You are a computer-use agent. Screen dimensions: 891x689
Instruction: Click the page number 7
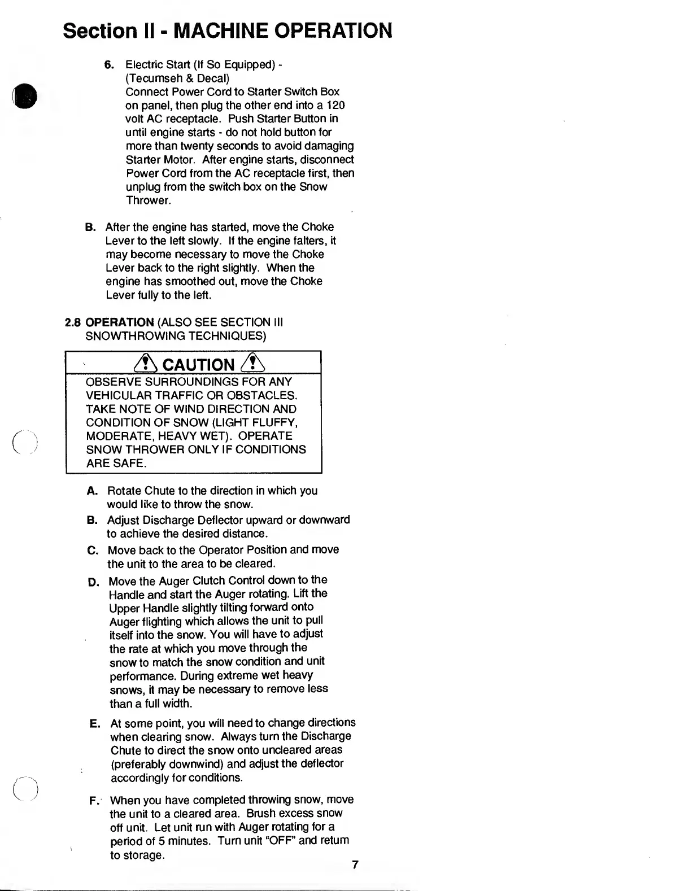(x=355, y=864)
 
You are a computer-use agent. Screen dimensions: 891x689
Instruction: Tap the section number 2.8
(x=73, y=322)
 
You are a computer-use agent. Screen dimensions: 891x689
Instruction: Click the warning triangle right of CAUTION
(x=249, y=364)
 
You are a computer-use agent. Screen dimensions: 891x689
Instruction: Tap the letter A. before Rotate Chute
(x=93, y=491)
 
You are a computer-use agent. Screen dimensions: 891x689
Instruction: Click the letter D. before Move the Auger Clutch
(x=94, y=582)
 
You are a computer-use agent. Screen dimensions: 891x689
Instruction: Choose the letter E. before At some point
(x=95, y=723)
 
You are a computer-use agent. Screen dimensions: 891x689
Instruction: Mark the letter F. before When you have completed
(x=94, y=800)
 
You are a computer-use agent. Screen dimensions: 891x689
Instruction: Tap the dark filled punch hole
(x=27, y=97)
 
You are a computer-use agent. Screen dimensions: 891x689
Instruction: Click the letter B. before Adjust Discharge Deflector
(x=93, y=520)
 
